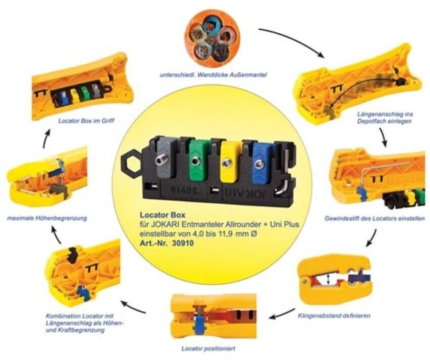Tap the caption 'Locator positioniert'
[207, 348]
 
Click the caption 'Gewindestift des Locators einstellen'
[374, 219]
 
